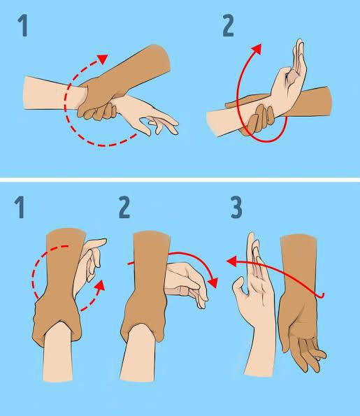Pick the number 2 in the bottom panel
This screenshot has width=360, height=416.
124,208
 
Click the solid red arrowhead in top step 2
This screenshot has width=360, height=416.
257,49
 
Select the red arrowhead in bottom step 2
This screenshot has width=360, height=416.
213,284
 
